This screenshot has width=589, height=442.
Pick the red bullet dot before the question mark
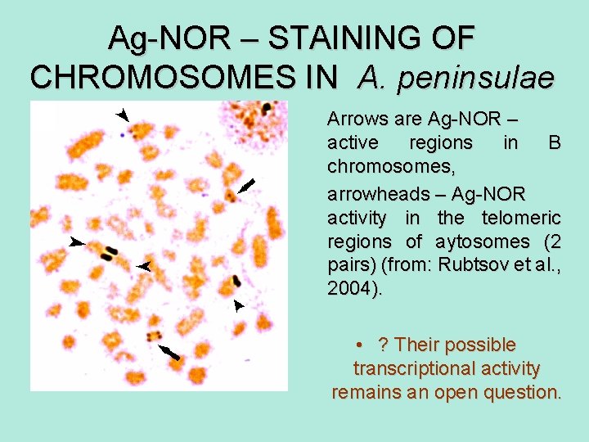coord(360,345)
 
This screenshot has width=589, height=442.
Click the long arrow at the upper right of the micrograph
coord(247,185)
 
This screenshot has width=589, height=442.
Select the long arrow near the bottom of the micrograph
coord(169,352)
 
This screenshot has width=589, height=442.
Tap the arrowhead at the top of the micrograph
coord(123,114)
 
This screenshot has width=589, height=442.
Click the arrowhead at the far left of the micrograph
coord(77,242)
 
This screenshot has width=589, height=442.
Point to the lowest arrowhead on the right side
coord(238,305)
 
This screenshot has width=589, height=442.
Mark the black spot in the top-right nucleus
coord(267,107)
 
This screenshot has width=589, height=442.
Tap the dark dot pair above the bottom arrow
coord(153,336)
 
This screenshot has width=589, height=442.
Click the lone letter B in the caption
coord(554,143)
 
